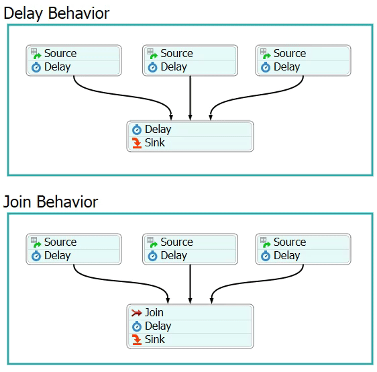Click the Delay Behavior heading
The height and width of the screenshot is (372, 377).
56,13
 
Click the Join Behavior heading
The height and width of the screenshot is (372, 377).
50,201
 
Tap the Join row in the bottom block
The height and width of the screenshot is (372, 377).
190,313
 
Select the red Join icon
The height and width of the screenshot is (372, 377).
137,313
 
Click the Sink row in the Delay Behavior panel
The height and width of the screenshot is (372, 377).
190,143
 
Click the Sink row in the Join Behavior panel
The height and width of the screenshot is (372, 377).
190,340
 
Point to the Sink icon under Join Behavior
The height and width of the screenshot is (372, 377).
137,340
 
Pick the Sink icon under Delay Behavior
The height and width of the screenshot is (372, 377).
137,143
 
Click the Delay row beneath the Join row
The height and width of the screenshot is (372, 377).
190,326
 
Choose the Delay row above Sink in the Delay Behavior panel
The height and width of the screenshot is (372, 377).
190,130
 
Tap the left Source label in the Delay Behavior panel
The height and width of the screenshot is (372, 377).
60,53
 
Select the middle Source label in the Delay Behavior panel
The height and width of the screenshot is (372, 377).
176,53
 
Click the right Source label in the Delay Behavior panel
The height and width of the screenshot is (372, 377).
290,53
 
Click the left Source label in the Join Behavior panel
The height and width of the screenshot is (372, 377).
60,242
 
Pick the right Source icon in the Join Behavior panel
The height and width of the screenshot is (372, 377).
266,242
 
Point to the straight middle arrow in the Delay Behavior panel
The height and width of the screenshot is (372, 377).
191,98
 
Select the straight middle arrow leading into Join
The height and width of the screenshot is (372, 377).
191,284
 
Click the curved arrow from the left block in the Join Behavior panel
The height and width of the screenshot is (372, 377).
120,281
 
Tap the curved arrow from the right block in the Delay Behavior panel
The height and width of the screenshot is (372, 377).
258,96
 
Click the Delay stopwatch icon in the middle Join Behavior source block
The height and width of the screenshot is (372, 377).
152,256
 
